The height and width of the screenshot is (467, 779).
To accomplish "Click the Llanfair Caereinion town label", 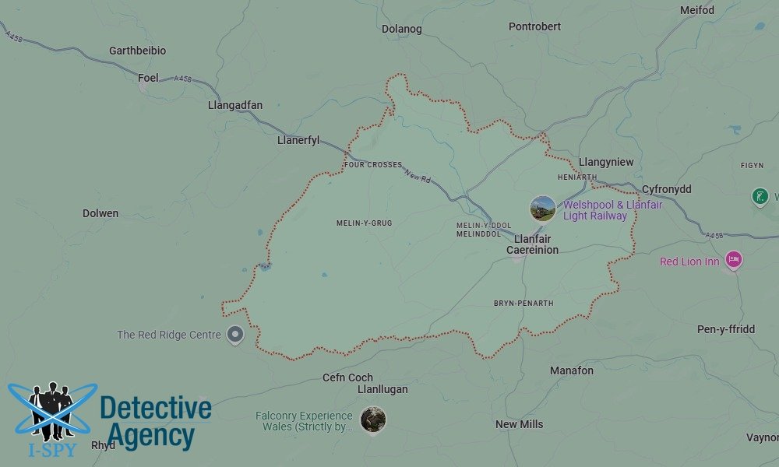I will click(532, 244).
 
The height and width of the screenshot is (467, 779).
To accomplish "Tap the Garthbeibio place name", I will click(137, 51).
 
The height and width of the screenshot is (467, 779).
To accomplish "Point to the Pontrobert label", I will click(534, 26).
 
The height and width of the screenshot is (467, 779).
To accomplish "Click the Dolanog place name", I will click(402, 29).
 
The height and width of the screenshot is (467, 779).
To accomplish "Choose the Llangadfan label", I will click(235, 105).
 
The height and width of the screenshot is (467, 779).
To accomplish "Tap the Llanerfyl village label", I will click(298, 140).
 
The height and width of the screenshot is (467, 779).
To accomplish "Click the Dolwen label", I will click(100, 213).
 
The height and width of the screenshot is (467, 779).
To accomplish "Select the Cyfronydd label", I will click(666, 189).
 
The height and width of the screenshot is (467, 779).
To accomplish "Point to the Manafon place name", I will click(572, 370).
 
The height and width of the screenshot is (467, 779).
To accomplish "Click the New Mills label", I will click(520, 424).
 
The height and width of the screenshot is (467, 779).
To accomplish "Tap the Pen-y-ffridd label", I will click(726, 329).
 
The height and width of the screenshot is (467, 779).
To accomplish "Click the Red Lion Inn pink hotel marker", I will click(732, 261).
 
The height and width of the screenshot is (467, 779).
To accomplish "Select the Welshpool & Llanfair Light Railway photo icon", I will click(543, 209).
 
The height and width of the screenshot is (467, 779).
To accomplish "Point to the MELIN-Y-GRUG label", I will click(364, 223).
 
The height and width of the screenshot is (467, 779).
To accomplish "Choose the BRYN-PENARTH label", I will click(523, 303).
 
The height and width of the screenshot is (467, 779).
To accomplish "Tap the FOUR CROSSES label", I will click(373, 165).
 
